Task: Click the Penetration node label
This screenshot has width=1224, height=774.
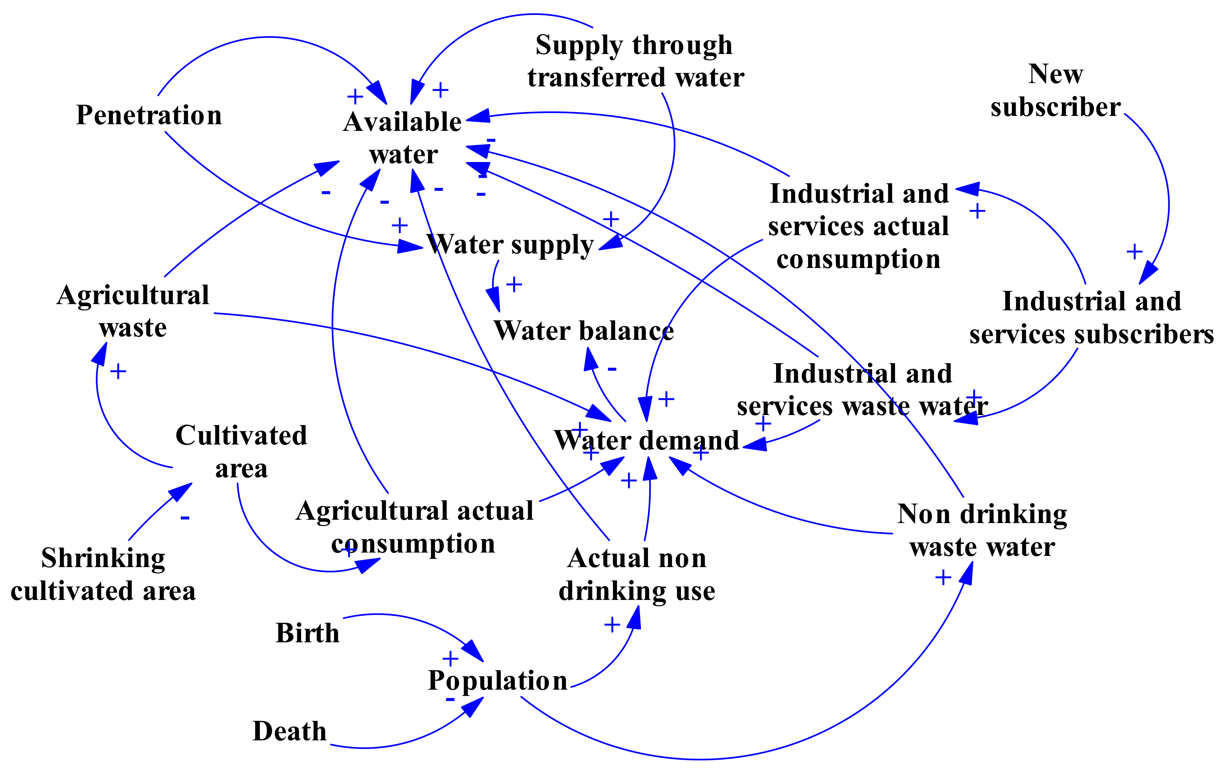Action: point(149,115)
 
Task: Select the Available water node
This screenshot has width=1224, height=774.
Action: point(403,138)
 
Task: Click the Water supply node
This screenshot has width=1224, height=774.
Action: point(510,245)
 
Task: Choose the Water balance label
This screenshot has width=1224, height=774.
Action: point(584,331)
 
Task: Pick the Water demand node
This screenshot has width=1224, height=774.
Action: point(647,440)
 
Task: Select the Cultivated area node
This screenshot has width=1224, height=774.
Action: point(242,452)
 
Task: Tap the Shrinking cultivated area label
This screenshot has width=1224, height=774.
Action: point(103,575)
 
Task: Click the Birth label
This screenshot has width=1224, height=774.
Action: point(307,633)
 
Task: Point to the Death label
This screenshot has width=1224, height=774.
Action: point(289,731)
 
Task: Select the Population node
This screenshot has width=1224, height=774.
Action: point(498,681)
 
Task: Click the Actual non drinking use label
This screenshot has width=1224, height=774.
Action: point(637,575)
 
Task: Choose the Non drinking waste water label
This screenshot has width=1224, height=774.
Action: point(982,530)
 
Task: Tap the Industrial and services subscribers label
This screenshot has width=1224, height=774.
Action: point(1091,318)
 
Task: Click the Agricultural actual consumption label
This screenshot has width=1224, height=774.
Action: point(414,527)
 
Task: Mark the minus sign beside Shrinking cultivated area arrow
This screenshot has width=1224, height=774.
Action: point(185,518)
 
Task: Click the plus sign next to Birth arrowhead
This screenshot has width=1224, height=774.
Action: point(450,659)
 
